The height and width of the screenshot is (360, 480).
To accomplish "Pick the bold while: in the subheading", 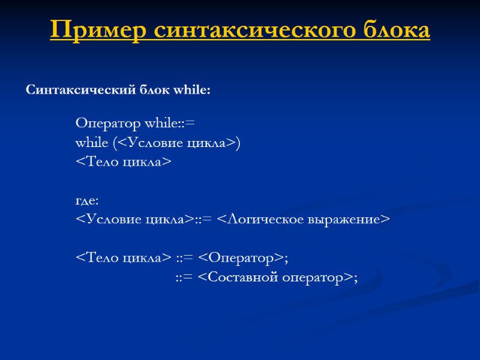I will pos(191,91).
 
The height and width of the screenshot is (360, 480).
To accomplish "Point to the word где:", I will pos(87,200).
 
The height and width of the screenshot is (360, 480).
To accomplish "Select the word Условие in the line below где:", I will pos(114,220).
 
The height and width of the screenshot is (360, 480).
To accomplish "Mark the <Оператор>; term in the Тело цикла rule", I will pos(243,258).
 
